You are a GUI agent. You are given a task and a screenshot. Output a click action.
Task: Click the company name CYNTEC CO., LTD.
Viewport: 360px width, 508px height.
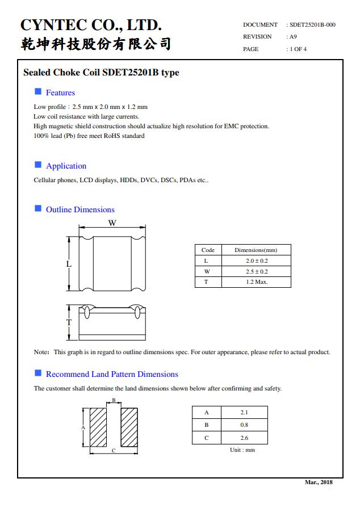[x=91, y=26]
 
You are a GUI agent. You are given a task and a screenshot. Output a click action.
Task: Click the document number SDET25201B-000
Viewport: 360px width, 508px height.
[x=312, y=25]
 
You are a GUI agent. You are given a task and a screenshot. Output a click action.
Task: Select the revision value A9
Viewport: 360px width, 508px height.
[x=293, y=37]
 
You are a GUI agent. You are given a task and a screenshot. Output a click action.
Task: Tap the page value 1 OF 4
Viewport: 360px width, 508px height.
[x=298, y=49]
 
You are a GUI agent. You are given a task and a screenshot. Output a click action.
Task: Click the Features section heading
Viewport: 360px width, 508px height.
[x=60, y=93]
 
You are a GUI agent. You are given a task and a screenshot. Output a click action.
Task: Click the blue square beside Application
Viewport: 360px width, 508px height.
[x=38, y=165]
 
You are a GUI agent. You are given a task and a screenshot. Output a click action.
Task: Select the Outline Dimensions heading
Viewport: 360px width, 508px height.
[x=80, y=209]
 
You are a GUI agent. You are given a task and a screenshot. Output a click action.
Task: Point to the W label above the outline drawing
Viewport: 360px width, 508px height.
[x=112, y=223]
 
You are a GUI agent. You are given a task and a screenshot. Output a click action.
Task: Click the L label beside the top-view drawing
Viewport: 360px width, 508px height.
[x=69, y=264]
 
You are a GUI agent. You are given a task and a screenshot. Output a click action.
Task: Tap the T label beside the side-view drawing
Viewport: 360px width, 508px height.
[x=69, y=322]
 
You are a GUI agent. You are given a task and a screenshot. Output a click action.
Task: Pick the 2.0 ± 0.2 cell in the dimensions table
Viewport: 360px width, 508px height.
[x=256, y=261]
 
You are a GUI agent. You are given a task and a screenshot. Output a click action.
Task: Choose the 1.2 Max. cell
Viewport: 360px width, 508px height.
[x=256, y=282]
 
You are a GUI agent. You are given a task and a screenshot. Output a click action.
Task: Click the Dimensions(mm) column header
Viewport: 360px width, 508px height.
[x=256, y=250]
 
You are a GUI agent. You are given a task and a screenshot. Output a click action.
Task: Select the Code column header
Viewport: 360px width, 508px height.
[x=208, y=250]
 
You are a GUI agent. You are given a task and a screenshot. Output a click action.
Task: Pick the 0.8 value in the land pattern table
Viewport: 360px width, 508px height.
[x=244, y=425]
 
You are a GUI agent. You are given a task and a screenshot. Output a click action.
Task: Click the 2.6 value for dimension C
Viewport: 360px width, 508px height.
[x=244, y=438]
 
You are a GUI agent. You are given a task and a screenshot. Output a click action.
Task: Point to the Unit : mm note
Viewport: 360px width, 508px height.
[x=242, y=450]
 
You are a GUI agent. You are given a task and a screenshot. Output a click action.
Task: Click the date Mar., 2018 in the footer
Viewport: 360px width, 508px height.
[x=319, y=482]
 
